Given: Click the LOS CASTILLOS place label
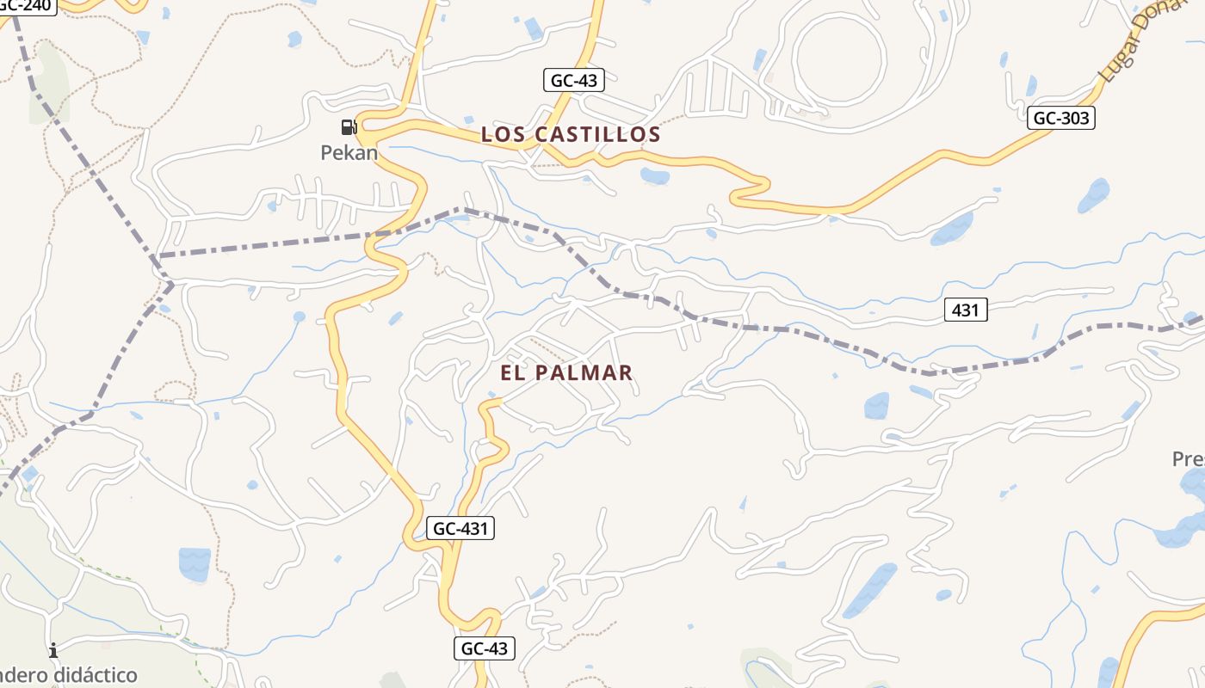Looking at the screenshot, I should pos(571,134).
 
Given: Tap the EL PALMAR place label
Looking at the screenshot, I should pos(566,372).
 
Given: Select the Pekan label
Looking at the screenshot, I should pos(349,153).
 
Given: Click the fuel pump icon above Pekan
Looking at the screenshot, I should pos(349,128).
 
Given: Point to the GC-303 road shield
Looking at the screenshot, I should pos(1060,118).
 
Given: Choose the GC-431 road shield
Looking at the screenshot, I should pos(460,528).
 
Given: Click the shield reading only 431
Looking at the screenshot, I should pos(966,310).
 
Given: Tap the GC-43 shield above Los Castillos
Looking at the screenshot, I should pos(574,81).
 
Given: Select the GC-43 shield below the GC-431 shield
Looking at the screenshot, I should pos(485,648).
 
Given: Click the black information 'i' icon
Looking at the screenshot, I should pos(53,650).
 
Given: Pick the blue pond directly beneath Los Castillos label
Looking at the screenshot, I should pos(655,176).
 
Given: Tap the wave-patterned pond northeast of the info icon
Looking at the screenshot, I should pos(195,563).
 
